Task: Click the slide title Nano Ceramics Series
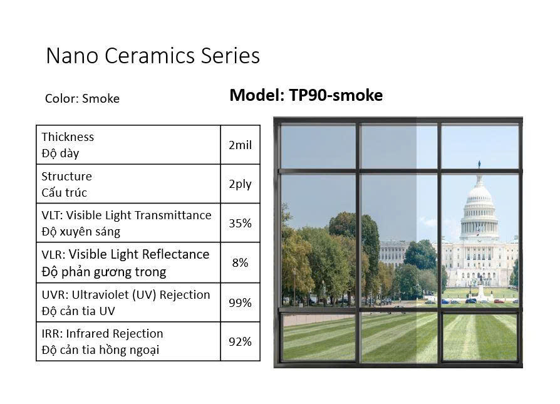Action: (x=153, y=56)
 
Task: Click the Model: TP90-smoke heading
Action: (x=306, y=95)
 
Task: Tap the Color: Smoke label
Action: (x=82, y=98)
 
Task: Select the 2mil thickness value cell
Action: (x=240, y=145)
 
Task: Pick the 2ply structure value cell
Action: (x=240, y=184)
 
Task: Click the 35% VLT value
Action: (x=240, y=223)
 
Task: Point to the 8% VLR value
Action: (x=240, y=262)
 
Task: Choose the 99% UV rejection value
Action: (x=240, y=303)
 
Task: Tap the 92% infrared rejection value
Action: (x=240, y=341)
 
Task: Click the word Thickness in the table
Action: (x=68, y=137)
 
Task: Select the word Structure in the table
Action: (x=66, y=176)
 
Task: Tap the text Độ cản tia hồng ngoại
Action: (x=100, y=350)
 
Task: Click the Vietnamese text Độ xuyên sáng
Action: (x=81, y=232)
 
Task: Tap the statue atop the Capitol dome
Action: (x=479, y=164)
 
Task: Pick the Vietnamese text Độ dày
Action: (x=60, y=153)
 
